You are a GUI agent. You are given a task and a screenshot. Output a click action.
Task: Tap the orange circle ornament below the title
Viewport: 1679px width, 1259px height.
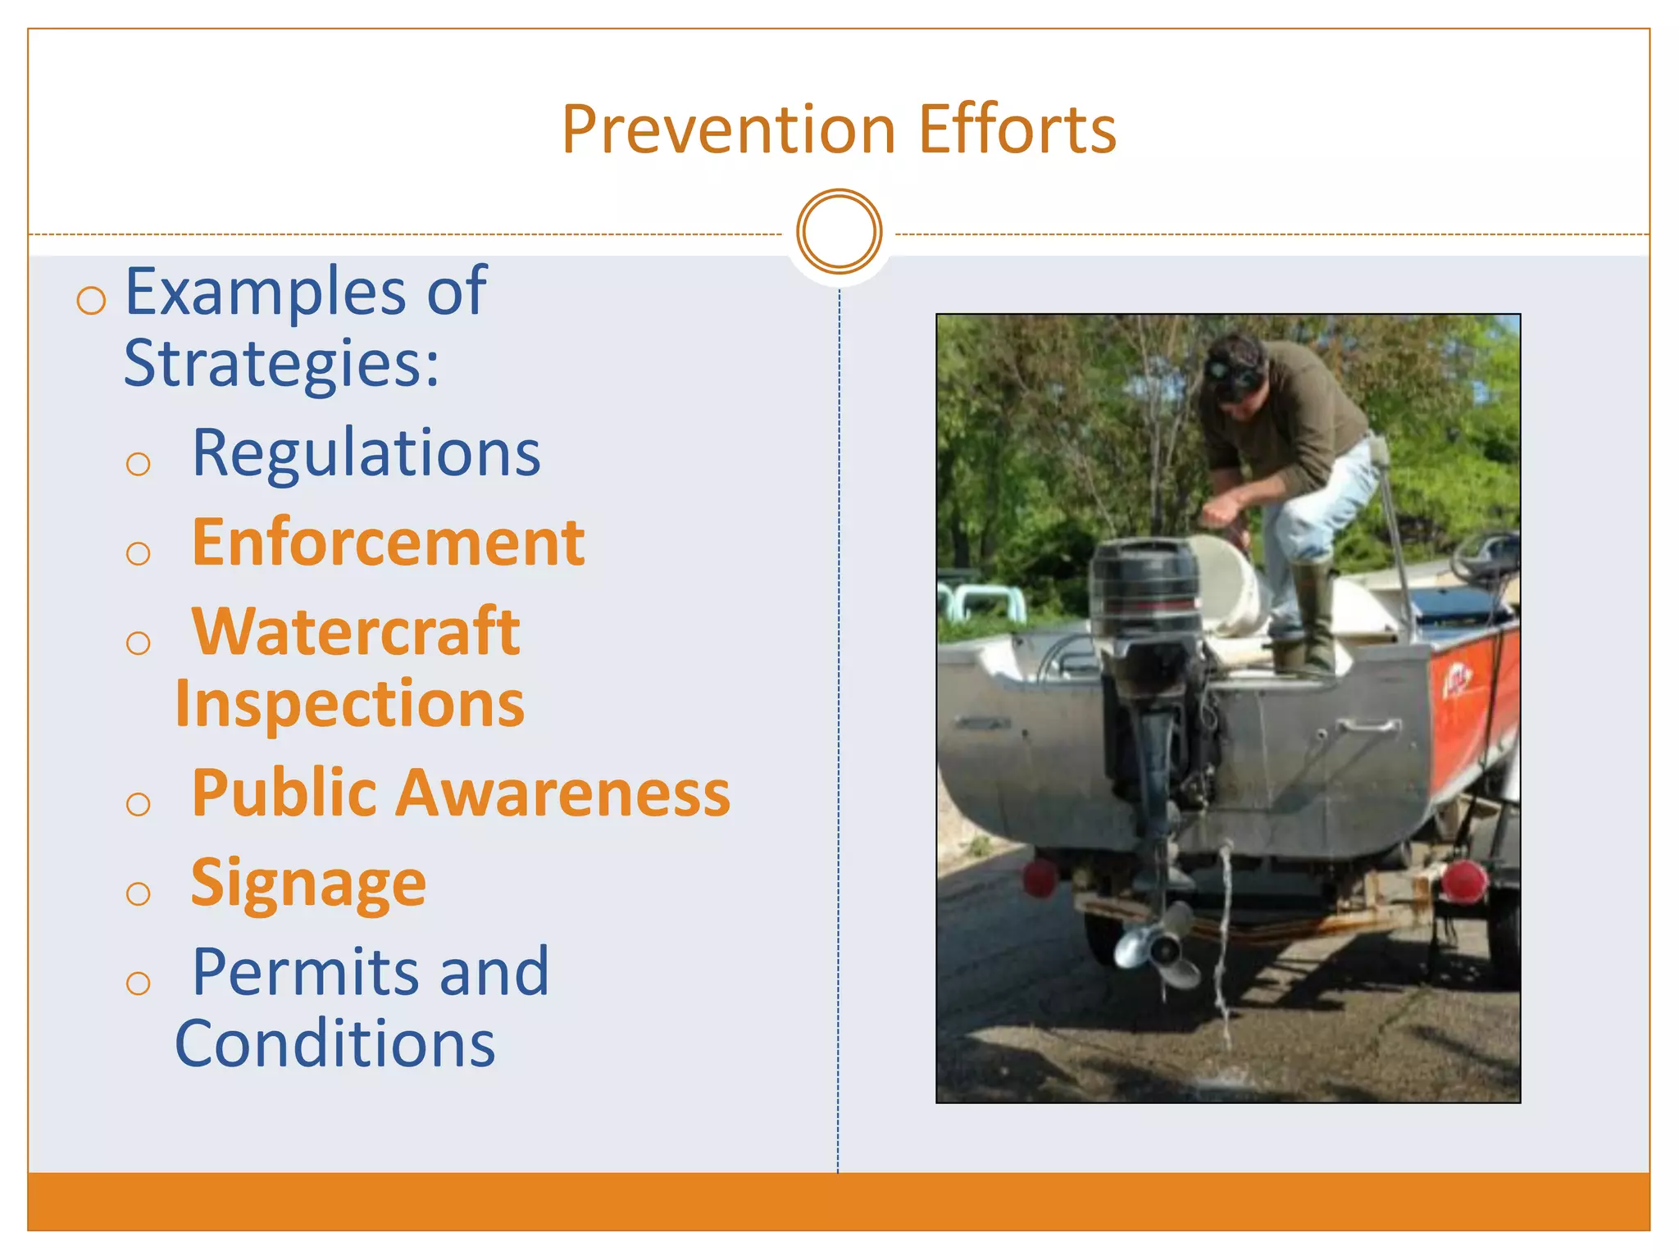(x=839, y=231)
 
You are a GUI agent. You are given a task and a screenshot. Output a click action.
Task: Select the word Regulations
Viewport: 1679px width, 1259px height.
(x=366, y=453)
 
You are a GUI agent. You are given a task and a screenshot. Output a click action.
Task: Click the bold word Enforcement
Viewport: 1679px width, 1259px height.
(x=388, y=543)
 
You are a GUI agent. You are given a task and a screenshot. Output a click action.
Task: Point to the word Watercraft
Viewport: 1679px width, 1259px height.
(x=356, y=632)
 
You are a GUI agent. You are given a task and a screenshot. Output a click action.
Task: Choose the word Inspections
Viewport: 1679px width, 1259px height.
(x=349, y=704)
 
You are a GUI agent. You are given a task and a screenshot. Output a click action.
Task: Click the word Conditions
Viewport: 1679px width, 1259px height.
(x=334, y=1044)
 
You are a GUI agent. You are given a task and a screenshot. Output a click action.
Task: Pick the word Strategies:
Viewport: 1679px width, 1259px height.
(x=281, y=363)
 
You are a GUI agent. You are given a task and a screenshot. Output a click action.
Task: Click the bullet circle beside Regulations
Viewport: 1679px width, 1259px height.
(x=139, y=465)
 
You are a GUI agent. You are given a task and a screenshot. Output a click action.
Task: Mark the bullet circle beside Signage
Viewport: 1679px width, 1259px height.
(x=139, y=893)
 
